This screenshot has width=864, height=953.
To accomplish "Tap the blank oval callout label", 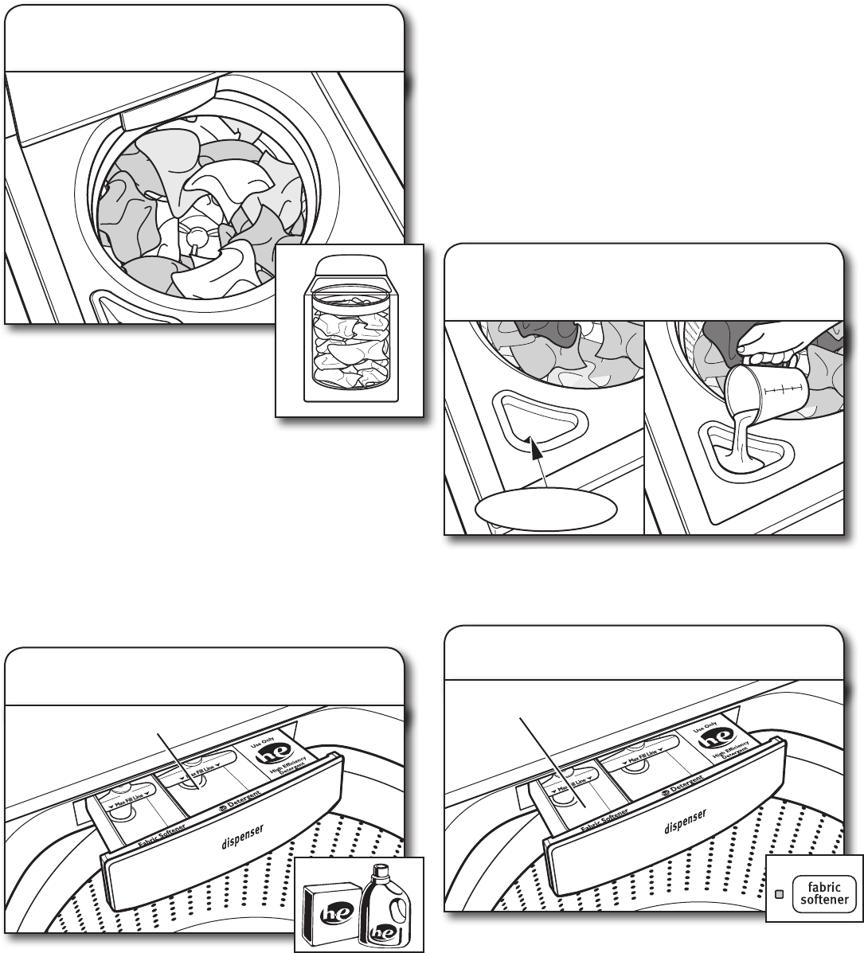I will (545, 508).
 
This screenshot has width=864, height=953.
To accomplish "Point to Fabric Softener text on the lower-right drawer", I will (602, 820).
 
